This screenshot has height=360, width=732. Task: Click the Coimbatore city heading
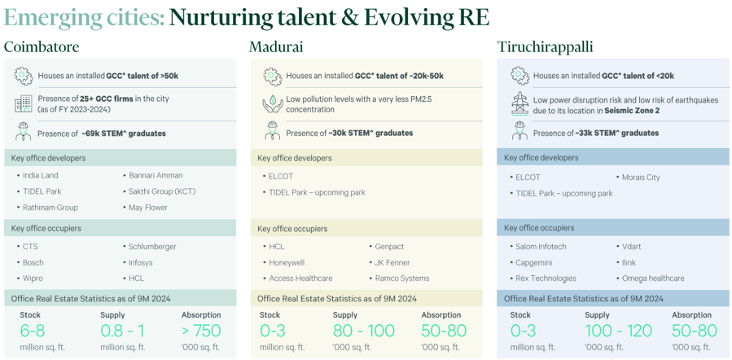pos(42,47)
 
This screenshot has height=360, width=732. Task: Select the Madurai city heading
pos(275,47)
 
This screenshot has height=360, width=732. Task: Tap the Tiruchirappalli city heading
pos(546,47)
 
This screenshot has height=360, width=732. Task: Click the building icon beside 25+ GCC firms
pos(23,103)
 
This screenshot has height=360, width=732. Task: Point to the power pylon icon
pos(519,103)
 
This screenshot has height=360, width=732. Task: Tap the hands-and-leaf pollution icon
pos(273,103)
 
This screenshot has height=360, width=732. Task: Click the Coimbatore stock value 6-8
pos(33,331)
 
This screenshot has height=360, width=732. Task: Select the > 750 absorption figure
pos(201,331)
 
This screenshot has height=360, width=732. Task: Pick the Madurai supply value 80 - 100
pos(364,331)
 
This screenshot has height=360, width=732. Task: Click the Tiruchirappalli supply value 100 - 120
pos(618,331)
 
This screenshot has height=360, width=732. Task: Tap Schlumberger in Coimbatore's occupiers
pos(152,247)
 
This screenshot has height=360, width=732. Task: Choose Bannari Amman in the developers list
pos(156,176)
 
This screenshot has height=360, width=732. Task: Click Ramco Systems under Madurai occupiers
pos(402,279)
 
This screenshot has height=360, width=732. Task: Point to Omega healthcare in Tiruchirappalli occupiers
pos(653,279)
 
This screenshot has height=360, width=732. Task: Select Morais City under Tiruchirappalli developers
pos(641,178)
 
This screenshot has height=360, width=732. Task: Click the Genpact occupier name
pos(389,247)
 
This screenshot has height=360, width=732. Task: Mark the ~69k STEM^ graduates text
pos(123,134)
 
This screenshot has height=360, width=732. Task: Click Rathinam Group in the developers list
pos(50,208)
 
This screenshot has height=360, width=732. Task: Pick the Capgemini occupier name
pos(534,262)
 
